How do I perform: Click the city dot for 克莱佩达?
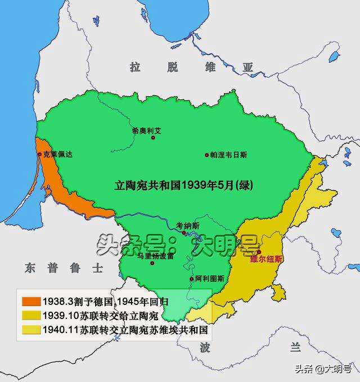(x=39, y=154)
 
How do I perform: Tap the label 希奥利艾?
(x=146, y=130)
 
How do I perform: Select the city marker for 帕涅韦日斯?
(x=207, y=154)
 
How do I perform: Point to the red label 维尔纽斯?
(x=267, y=259)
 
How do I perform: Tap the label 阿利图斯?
(x=210, y=278)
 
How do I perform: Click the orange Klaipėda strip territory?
(x=67, y=186)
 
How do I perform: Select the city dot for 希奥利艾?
(x=152, y=138)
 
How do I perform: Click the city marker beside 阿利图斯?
(x=191, y=278)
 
